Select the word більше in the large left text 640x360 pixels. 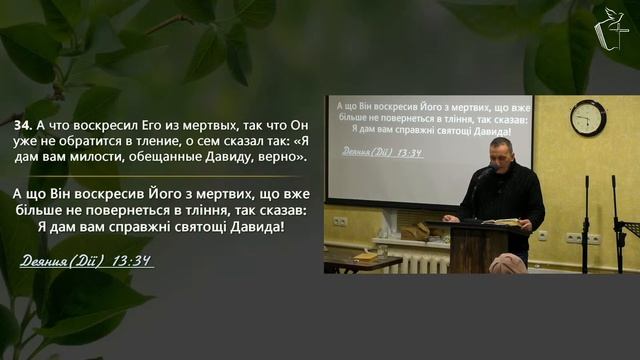(x=35, y=210)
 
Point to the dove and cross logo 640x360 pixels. (x=611, y=29)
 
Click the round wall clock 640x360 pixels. (x=588, y=118)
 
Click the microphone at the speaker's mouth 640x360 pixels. (x=489, y=169)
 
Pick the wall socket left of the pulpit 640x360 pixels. (x=340, y=222)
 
